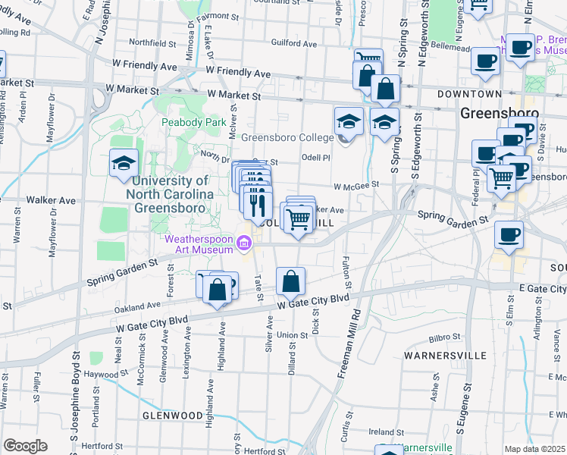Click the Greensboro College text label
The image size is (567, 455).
[x=287, y=137]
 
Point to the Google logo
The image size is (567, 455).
[x=25, y=446]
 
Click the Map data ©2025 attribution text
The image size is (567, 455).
[x=534, y=449]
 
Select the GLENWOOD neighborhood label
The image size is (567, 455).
[x=171, y=416]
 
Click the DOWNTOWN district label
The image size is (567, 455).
[x=469, y=93]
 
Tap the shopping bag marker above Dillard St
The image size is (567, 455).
[x=291, y=282]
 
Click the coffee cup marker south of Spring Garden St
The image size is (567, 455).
[x=509, y=234]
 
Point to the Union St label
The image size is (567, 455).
[x=292, y=334]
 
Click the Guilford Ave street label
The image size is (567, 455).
[x=288, y=44]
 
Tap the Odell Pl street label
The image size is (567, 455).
[x=316, y=158]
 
